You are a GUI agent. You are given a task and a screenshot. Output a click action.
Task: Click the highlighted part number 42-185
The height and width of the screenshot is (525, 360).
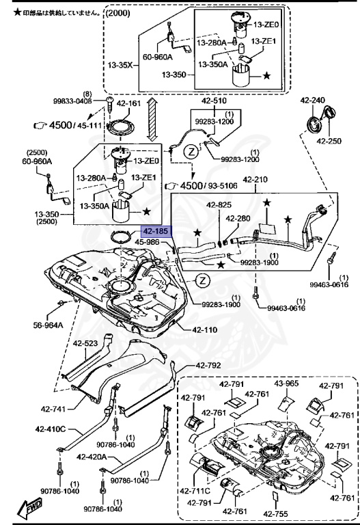click(x=154, y=232)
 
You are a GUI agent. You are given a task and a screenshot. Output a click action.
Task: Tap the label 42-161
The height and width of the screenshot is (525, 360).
click(x=128, y=105)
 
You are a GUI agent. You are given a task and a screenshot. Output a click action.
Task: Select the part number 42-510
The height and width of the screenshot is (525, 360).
click(x=214, y=100)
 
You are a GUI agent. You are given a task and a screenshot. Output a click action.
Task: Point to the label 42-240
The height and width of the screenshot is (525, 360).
click(x=313, y=100)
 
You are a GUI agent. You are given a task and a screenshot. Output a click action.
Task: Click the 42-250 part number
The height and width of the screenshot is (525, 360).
click(x=329, y=142)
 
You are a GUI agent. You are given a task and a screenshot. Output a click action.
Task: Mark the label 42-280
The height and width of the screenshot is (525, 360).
click(x=238, y=218)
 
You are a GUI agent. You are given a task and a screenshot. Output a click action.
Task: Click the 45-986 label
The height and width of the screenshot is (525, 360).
click(x=147, y=242)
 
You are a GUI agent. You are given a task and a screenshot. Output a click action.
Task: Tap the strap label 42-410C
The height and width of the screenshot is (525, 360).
click(x=51, y=430)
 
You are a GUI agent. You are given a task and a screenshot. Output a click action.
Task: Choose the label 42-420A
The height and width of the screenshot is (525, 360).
click(x=91, y=457)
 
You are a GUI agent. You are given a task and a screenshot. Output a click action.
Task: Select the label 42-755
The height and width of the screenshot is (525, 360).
click(x=275, y=513)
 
